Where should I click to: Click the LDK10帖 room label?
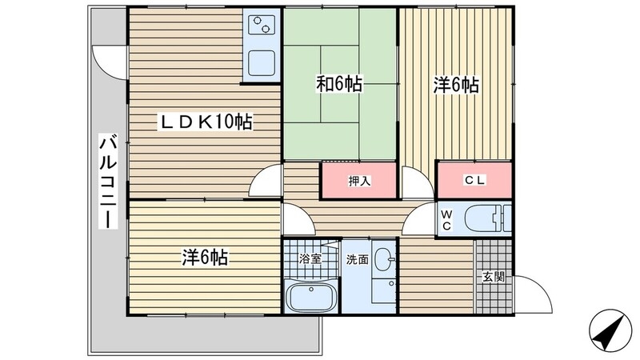(206, 122)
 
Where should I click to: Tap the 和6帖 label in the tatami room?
(339, 85)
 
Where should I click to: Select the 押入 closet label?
(359, 182)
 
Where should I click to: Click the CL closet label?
(474, 180)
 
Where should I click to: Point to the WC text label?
(446, 221)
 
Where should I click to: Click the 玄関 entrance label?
(494, 277)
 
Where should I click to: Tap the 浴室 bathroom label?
(310, 258)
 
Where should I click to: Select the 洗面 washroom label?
(358, 259)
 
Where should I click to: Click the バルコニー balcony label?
(108, 182)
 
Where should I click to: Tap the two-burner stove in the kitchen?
(262, 25)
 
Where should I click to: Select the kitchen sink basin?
(262, 63)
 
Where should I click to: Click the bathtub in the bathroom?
(311, 296)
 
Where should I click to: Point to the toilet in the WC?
(488, 218)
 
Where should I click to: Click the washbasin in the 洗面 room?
(384, 259)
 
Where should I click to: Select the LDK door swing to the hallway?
(265, 181)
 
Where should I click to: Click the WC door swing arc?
(418, 219)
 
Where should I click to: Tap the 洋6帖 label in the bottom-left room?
(205, 257)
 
